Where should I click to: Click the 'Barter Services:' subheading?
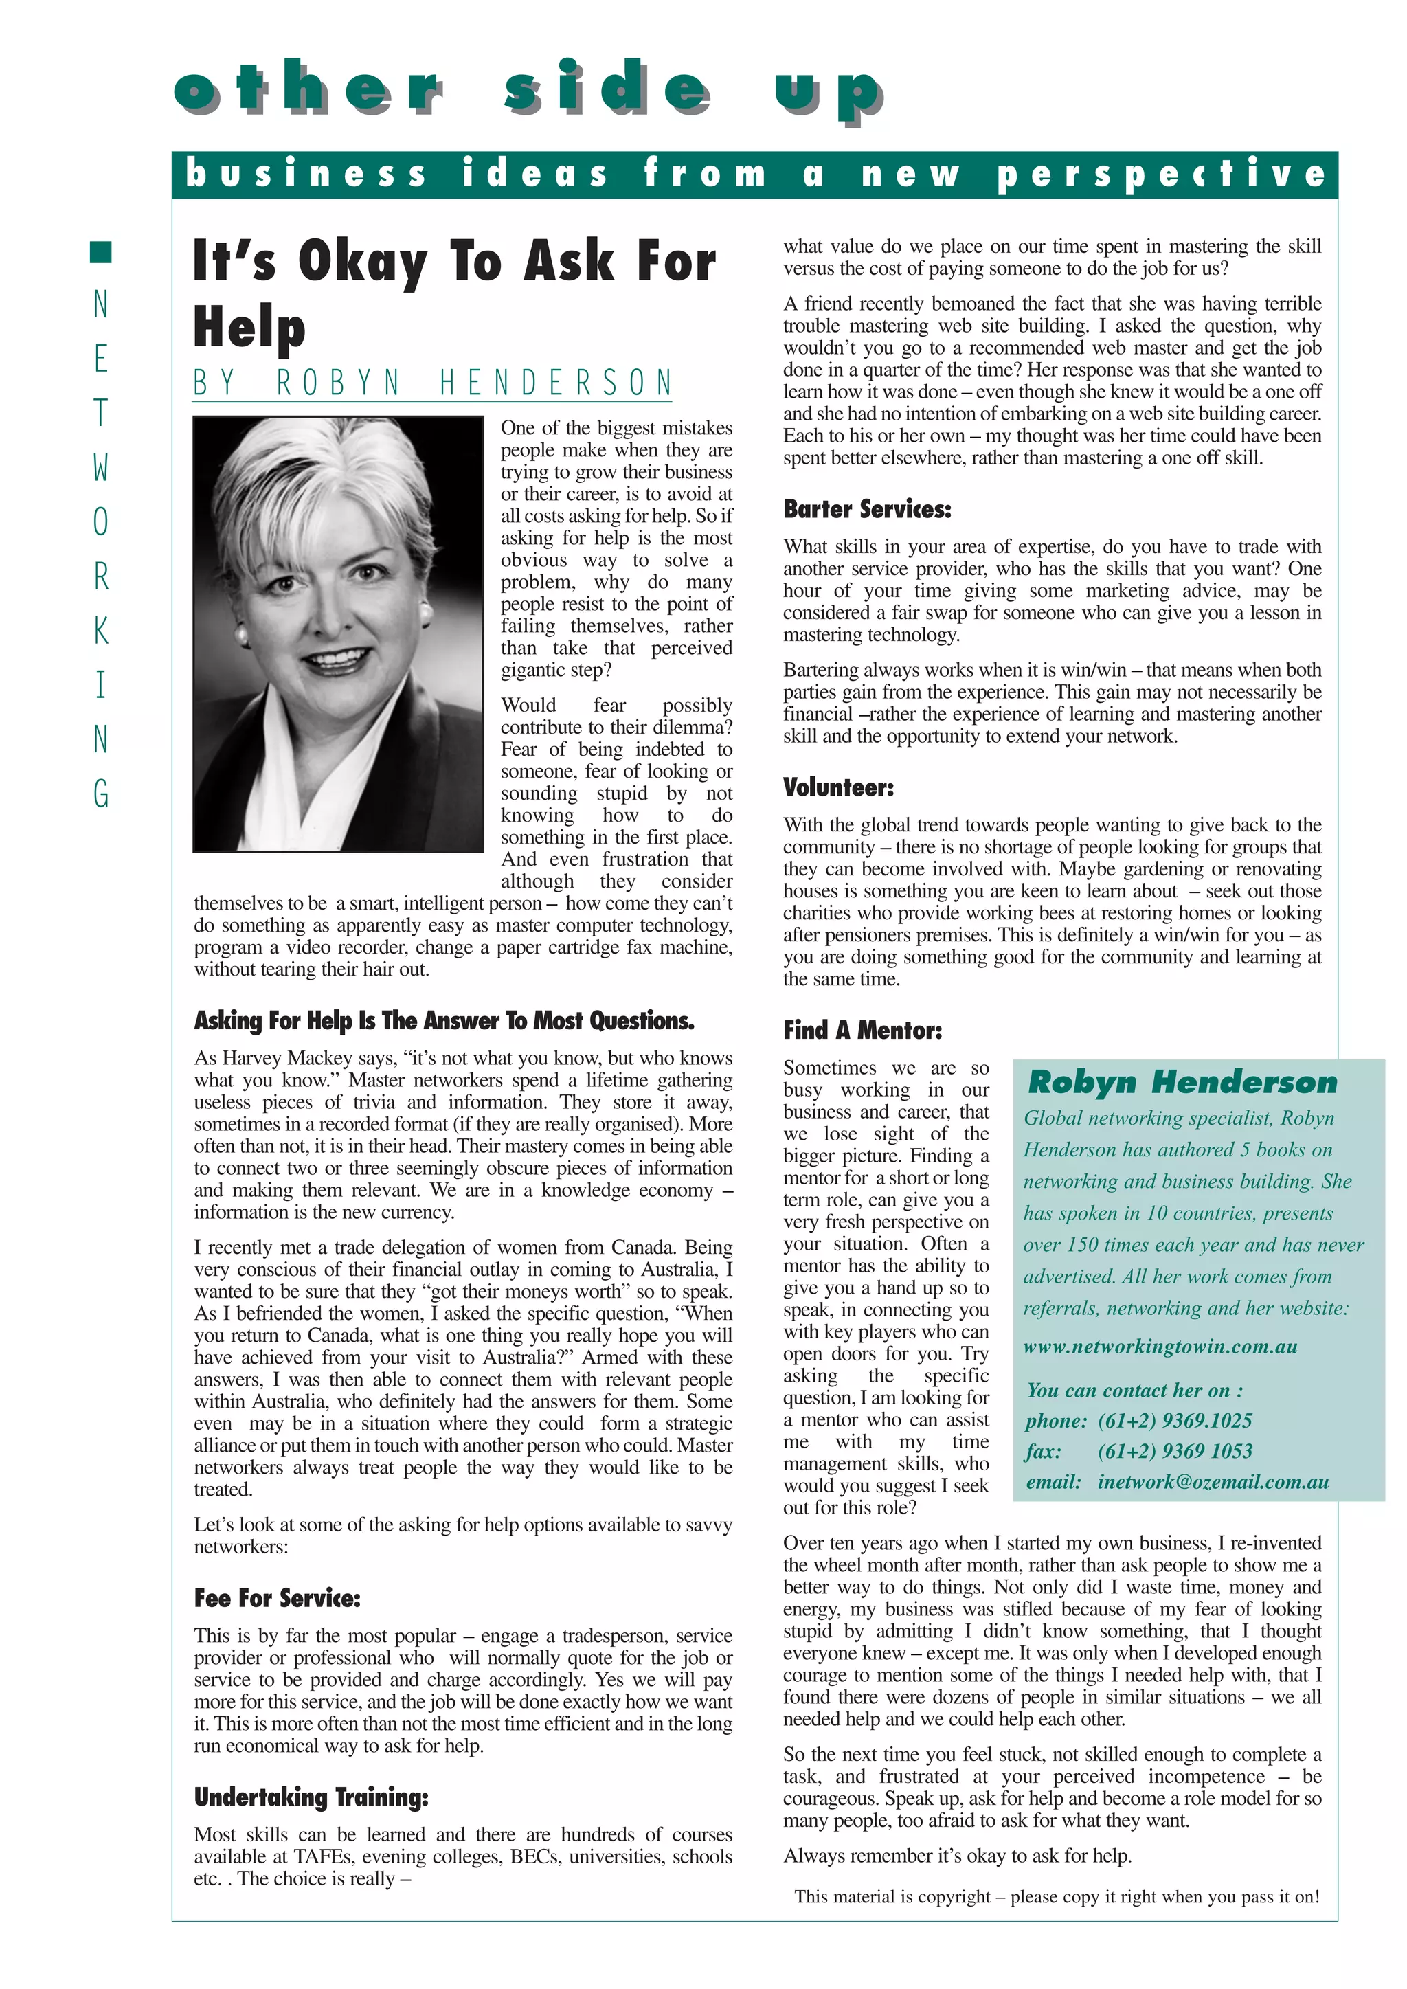tap(866, 509)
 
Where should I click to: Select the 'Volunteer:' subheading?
tap(837, 787)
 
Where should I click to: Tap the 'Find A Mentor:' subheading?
tap(862, 1030)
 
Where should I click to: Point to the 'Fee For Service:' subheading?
tap(276, 1598)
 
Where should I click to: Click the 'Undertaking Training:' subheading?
tap(311, 1797)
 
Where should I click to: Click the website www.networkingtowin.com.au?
tap(1160, 1346)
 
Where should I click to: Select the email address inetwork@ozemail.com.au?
tap(1213, 1482)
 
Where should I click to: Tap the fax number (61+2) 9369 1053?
tap(1175, 1451)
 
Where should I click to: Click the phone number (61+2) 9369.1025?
tap(1175, 1421)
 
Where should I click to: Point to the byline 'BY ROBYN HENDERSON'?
tap(432, 382)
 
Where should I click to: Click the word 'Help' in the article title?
tap(249, 328)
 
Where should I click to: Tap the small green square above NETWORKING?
tap(102, 252)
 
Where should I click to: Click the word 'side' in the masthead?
tap(607, 89)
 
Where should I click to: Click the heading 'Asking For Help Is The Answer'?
tap(444, 1020)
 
